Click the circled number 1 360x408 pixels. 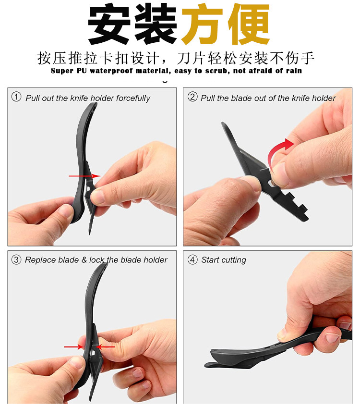(17, 98)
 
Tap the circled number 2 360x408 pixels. (192, 98)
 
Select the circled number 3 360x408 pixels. (17, 260)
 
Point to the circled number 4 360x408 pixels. (192, 260)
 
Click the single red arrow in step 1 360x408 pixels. (84, 176)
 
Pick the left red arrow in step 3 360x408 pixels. (73, 346)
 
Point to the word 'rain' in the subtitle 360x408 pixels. (293, 71)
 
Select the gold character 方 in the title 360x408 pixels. (202, 25)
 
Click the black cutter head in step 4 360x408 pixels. (230, 358)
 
